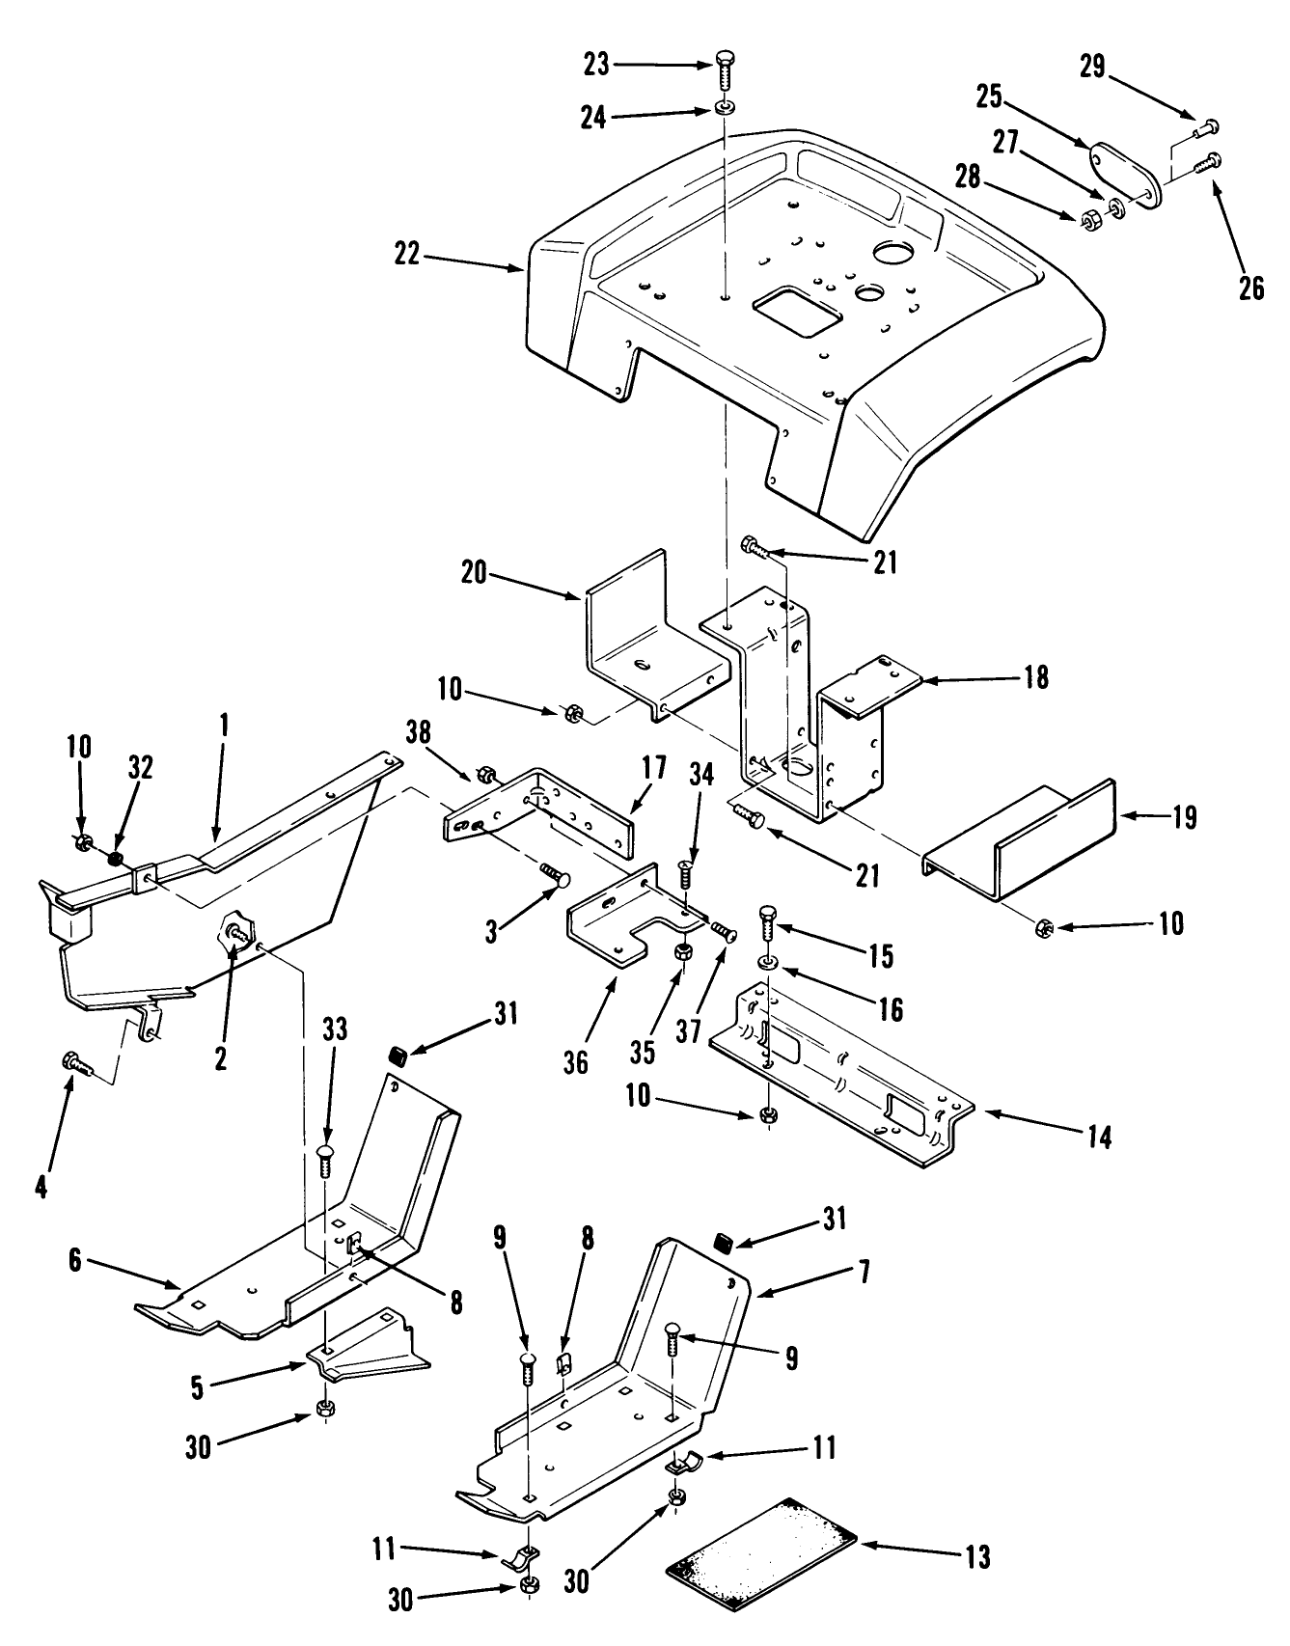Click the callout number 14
coord(1100,1138)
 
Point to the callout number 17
coord(653,769)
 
